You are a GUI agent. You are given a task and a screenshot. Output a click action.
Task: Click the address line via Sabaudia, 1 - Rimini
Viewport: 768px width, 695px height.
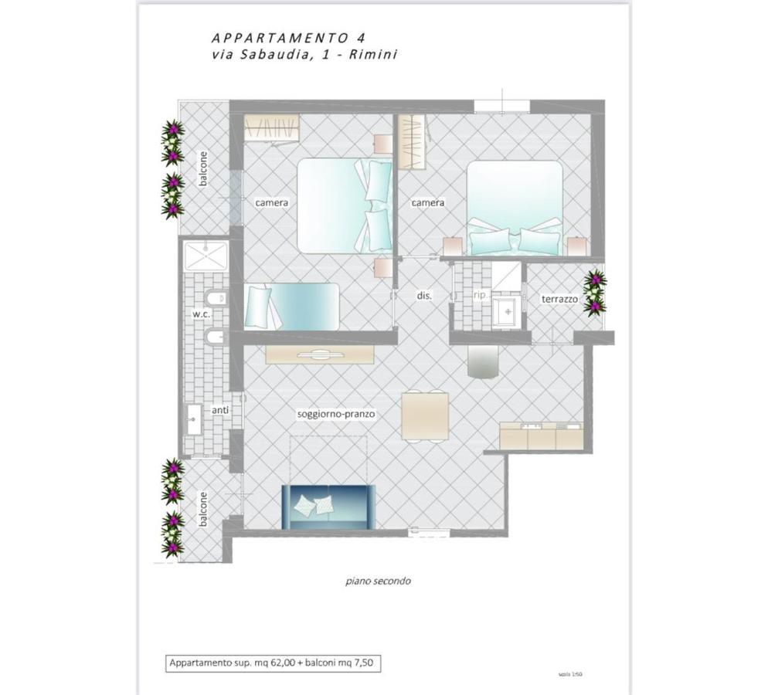[304, 55]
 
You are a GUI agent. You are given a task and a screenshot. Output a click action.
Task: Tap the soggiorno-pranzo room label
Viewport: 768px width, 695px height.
[336, 414]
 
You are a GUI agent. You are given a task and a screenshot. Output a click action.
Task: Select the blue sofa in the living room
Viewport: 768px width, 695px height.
[328, 507]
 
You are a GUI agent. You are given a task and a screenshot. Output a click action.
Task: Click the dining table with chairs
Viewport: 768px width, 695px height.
[424, 415]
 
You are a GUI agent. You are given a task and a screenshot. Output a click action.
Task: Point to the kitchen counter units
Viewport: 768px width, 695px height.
[541, 436]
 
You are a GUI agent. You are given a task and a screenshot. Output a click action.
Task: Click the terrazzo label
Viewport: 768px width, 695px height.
[559, 299]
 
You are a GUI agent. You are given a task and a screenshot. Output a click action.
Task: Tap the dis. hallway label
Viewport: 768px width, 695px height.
[423, 296]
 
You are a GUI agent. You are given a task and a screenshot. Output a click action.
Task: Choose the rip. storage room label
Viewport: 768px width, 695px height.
[480, 295]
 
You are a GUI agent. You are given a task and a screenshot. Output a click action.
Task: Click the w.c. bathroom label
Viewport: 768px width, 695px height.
[201, 314]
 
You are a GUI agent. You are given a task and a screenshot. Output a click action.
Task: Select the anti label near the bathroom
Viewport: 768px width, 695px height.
[220, 410]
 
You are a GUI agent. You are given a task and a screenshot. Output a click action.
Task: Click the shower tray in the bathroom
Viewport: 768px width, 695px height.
[206, 256]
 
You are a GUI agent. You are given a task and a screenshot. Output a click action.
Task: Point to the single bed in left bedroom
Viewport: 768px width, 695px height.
[292, 307]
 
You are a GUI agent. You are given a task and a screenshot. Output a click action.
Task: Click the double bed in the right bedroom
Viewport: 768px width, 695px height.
[515, 207]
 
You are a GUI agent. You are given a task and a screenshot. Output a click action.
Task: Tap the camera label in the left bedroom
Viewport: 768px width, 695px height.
[271, 203]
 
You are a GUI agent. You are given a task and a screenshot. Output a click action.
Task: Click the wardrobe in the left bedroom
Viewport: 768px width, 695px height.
[271, 127]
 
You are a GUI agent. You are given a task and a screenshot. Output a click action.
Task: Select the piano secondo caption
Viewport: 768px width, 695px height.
[378, 581]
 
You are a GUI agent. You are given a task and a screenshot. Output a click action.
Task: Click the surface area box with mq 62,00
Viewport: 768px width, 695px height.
[274, 663]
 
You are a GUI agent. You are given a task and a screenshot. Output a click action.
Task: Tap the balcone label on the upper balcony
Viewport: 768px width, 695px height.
[203, 168]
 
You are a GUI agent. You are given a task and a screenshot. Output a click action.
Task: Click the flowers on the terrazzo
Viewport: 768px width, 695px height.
[594, 293]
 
